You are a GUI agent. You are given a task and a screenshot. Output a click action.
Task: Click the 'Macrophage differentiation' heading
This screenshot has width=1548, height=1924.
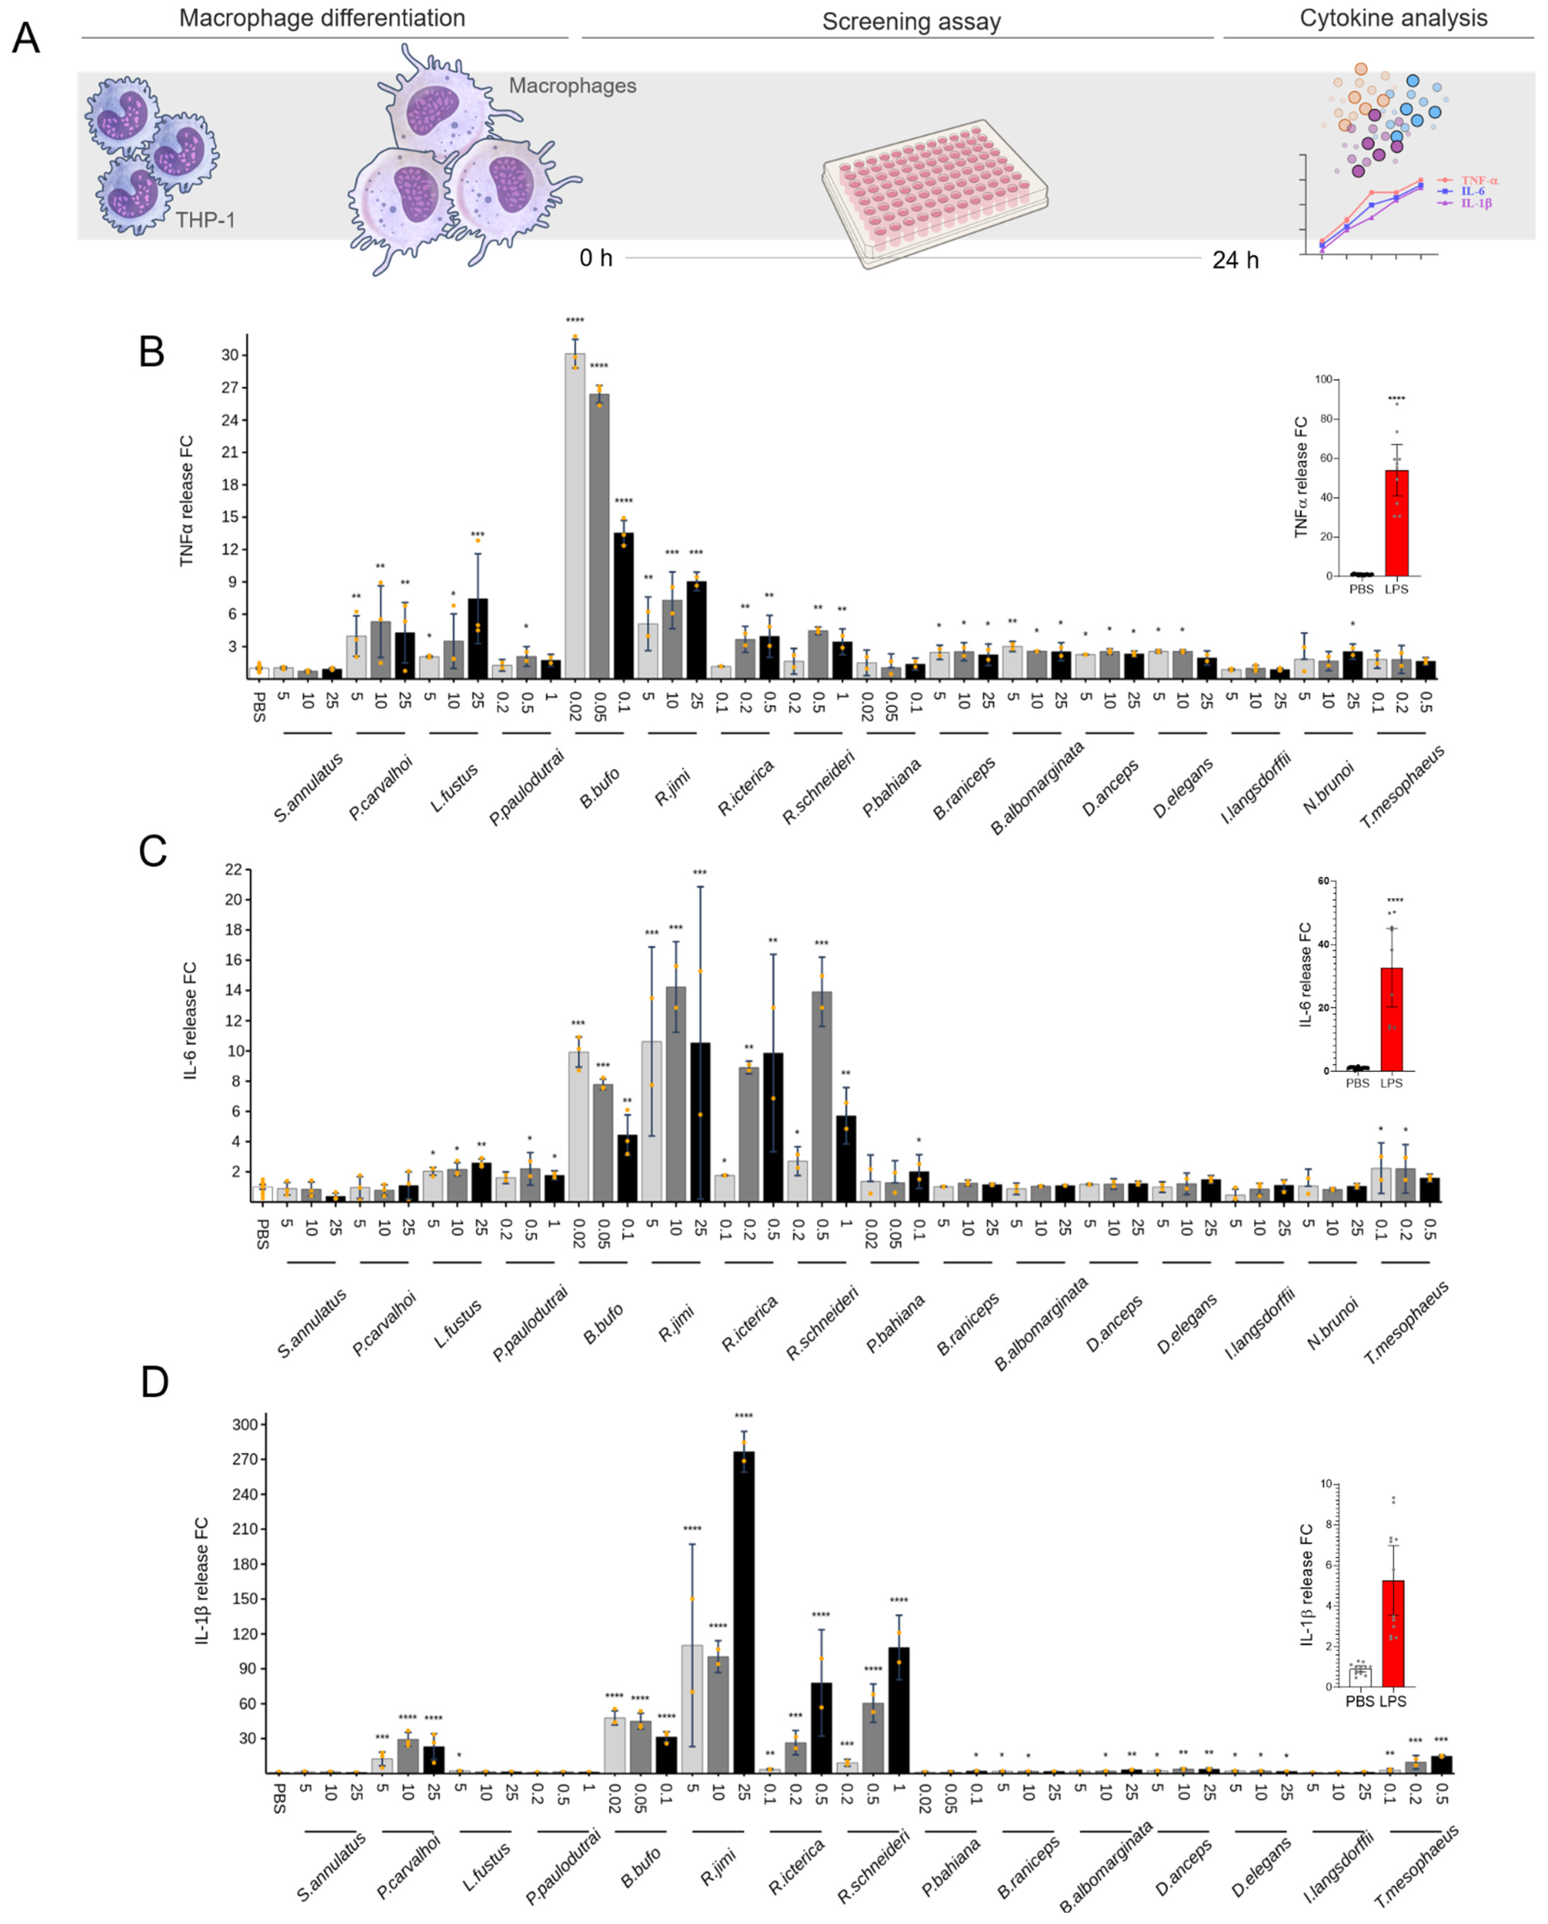pos(322,19)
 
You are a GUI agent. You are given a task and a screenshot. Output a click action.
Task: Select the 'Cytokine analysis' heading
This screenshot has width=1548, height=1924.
pos(1393,19)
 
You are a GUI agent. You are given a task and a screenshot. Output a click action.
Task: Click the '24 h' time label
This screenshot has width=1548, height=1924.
pos(1235,260)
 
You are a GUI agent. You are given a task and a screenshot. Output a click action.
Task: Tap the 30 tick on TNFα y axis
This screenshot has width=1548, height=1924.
pos(230,355)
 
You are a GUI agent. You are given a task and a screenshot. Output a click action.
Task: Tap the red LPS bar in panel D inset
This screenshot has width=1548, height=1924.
pos(1393,1633)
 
